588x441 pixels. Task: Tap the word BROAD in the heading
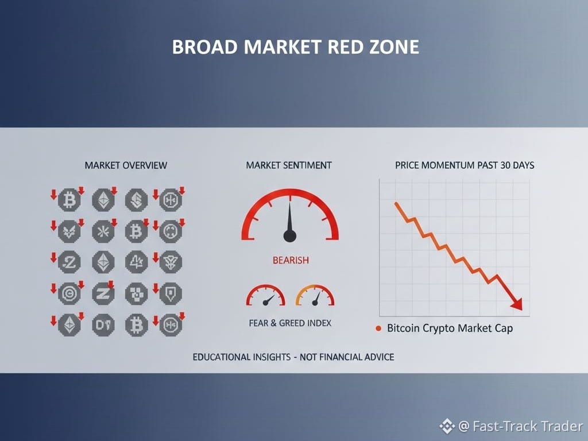205,47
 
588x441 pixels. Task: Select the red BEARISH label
291,260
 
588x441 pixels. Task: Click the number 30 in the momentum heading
506,165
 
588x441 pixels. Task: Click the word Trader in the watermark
561,427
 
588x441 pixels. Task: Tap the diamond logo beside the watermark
447,426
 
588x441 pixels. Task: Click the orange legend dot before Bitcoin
378,328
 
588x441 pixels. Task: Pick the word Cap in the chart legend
504,328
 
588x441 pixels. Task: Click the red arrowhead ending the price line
517,304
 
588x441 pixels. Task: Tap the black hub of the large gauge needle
290,236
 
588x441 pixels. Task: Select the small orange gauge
315,295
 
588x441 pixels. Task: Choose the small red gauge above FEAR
265,295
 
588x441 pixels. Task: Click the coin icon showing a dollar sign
136,199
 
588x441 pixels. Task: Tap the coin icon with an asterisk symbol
103,231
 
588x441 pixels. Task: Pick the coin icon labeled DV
103,325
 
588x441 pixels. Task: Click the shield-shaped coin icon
171,293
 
